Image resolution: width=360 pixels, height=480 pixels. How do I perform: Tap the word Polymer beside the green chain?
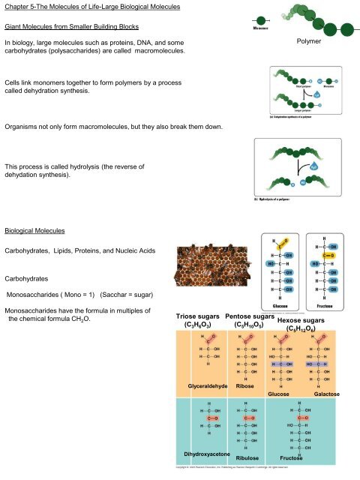click(x=308, y=44)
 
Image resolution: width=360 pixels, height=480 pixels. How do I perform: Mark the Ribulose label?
click(x=247, y=457)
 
